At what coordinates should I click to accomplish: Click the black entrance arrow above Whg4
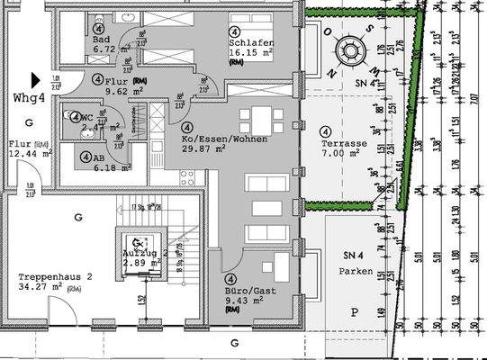coord(35,79)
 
